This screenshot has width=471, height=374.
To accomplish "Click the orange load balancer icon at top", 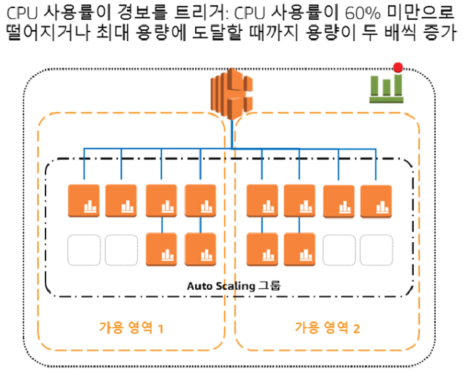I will [x=231, y=93].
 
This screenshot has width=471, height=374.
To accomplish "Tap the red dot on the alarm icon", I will [x=398, y=67].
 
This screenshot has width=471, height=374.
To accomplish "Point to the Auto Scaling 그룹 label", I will [x=233, y=286].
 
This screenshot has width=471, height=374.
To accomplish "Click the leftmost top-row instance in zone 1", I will [x=84, y=201].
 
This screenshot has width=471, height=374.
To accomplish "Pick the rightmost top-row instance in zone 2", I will [x=376, y=202].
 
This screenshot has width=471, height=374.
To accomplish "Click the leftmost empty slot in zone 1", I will [x=84, y=250].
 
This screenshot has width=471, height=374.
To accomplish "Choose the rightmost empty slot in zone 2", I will [x=376, y=250].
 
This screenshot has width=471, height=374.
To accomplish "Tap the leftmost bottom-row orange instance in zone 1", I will [x=161, y=249].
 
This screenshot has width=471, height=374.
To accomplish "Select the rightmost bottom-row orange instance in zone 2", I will [x=300, y=249].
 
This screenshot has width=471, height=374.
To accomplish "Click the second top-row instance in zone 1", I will [x=121, y=201].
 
